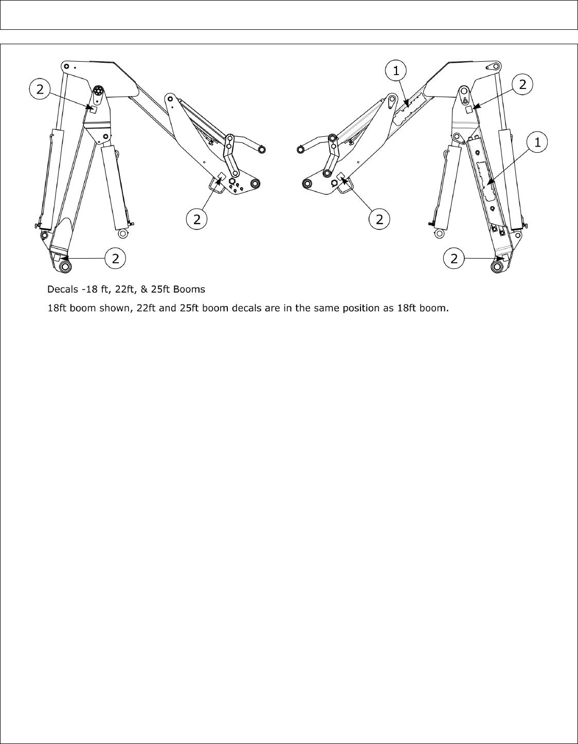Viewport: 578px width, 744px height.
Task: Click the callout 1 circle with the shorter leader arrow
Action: click(x=396, y=71)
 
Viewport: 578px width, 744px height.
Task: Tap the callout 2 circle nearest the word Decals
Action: click(x=116, y=259)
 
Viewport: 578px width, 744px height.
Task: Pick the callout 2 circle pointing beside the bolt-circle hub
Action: click(x=40, y=89)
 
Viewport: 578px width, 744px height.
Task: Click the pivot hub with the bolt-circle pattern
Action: click(x=98, y=93)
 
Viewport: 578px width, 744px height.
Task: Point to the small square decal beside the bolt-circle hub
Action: click(x=93, y=108)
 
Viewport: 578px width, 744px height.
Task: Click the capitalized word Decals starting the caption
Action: click(x=61, y=289)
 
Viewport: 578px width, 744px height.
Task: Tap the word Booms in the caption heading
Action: click(x=192, y=289)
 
